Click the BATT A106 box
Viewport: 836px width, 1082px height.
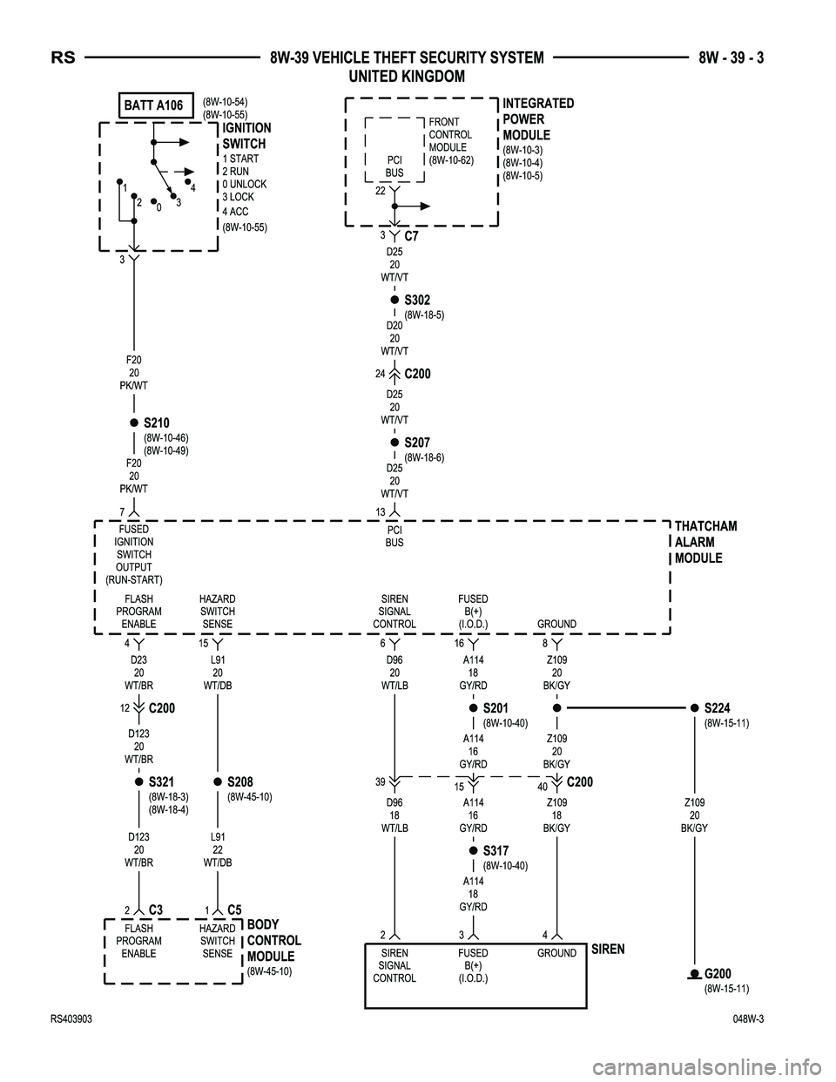pyautogui.click(x=154, y=105)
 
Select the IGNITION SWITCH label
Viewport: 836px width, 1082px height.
pyautogui.click(x=246, y=136)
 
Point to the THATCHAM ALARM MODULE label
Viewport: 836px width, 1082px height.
pyautogui.click(x=705, y=542)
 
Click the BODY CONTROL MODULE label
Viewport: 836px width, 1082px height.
pyautogui.click(x=274, y=940)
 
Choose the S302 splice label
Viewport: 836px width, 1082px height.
pyautogui.click(x=417, y=301)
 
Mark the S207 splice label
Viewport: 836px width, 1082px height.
pyautogui.click(x=417, y=443)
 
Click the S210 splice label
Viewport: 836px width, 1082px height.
pyautogui.click(x=157, y=423)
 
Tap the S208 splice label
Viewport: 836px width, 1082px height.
pyautogui.click(x=239, y=782)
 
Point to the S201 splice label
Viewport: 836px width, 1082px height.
pyautogui.click(x=496, y=707)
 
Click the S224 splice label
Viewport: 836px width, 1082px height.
pyautogui.click(x=718, y=707)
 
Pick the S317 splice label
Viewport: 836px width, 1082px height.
pyautogui.click(x=496, y=850)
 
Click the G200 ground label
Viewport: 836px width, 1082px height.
pyautogui.click(x=718, y=973)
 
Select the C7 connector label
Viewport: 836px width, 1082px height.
pyautogui.click(x=412, y=236)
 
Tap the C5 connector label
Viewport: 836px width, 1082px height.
pyautogui.click(x=234, y=910)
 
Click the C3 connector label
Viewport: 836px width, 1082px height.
pyautogui.click(x=156, y=910)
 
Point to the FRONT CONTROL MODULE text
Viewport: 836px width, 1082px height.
pyautogui.click(x=450, y=141)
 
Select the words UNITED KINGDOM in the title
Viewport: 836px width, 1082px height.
pyautogui.click(x=406, y=77)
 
